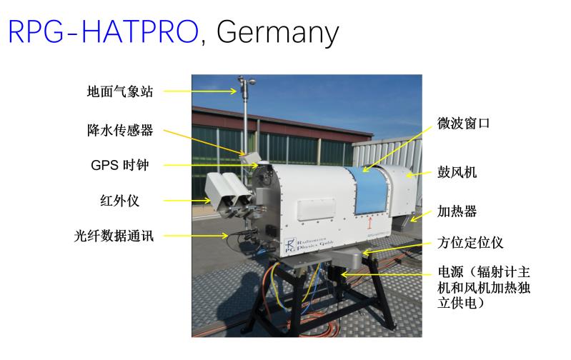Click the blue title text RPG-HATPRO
[103, 31]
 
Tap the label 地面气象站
[120, 91]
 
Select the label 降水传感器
[120, 130]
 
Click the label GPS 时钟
[120, 165]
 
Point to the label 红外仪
[120, 201]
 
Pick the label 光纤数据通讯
[114, 236]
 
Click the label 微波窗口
[463, 124]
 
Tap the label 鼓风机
[457, 172]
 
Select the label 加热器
[457, 211]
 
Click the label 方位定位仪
[470, 242]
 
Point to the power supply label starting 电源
[484, 288]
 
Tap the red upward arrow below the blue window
[370, 222]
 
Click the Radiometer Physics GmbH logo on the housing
[309, 244]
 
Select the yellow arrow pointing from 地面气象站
[200, 91]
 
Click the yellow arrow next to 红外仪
[187, 200]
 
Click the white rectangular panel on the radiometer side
[316, 209]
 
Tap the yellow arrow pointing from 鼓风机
[418, 174]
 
